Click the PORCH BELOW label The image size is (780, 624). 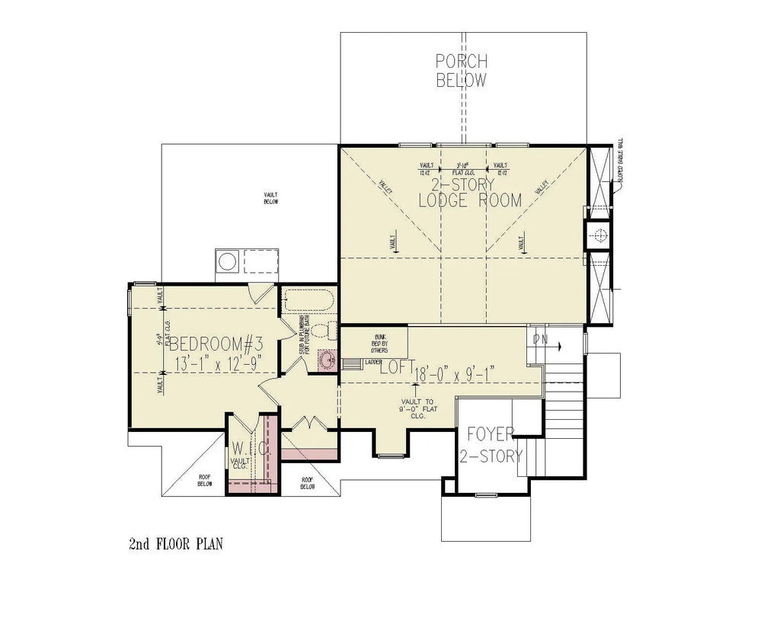[x=461, y=70]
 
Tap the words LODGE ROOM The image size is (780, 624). [x=470, y=200]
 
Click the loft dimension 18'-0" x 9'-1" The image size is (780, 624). [x=456, y=373]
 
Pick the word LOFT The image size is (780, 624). [x=396, y=367]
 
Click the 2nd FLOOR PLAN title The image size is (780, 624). [x=175, y=544]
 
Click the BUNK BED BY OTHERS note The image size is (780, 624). [x=379, y=343]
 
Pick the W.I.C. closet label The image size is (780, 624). [x=250, y=447]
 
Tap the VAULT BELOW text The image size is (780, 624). [x=270, y=198]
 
